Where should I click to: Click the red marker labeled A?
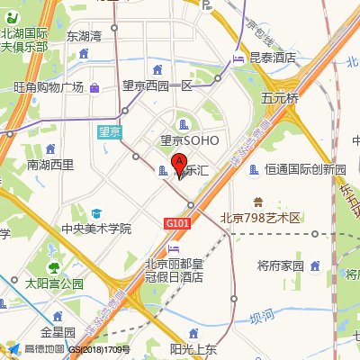pyautogui.click(x=178, y=164)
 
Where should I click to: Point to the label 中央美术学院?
pyautogui.click(x=95, y=229)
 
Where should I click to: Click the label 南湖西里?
pyautogui.click(x=50, y=165)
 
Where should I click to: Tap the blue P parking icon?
pyautogui.click(x=208, y=5)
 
